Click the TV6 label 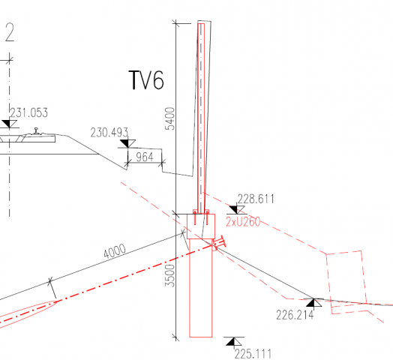click(x=146, y=80)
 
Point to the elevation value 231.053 click(x=28, y=112)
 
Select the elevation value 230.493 click(x=109, y=133)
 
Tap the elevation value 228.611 click(x=256, y=199)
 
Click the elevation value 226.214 click(x=295, y=315)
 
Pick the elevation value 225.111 click(x=253, y=354)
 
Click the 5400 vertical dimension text click(x=169, y=118)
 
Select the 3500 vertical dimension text click(x=169, y=275)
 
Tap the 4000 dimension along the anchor click(x=115, y=250)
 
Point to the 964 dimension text click(x=145, y=157)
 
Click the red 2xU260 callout click(x=243, y=222)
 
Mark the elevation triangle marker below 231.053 click(x=9, y=124)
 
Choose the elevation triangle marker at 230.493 click(x=127, y=144)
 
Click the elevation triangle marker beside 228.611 click(x=237, y=209)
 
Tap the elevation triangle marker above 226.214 click(x=313, y=302)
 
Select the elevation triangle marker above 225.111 click(x=234, y=341)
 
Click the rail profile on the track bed click(x=37, y=131)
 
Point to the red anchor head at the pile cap click(x=219, y=243)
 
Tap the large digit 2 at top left click(x=10, y=32)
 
